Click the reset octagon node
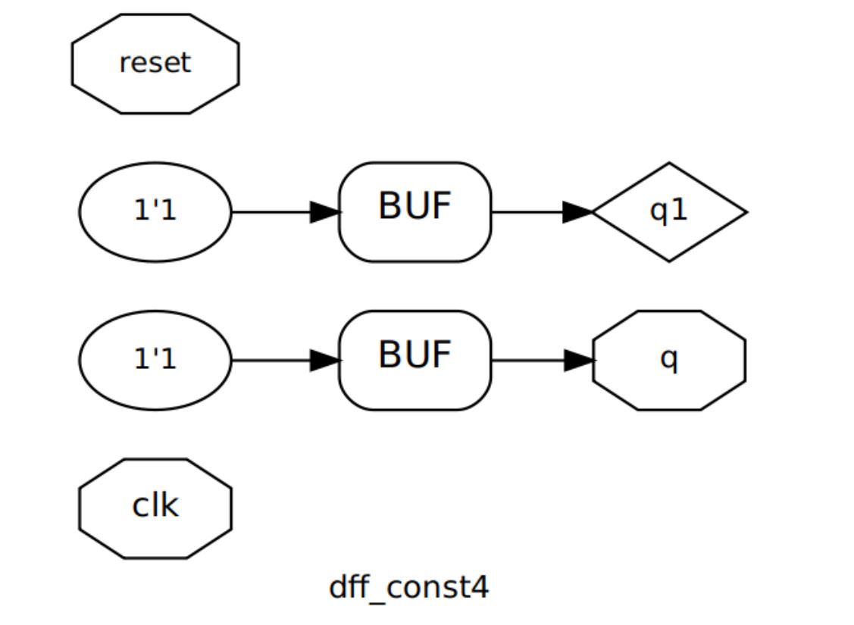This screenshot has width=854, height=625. point(155,64)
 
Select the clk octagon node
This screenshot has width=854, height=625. point(155,508)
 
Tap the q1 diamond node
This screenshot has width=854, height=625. point(669,212)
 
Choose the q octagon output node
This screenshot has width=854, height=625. point(669,361)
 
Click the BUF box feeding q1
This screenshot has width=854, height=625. point(414,212)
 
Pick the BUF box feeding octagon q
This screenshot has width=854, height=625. point(414,361)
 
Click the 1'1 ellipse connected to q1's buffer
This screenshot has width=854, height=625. point(155,212)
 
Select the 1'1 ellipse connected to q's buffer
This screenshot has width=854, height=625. point(155,361)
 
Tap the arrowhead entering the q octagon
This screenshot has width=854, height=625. point(580,361)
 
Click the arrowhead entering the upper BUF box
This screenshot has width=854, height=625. point(325,212)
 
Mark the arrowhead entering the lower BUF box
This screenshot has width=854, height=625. point(325,361)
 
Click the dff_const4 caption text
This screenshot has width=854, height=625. point(409,588)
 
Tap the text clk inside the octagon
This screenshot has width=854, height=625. point(155,505)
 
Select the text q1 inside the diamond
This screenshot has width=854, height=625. point(669,211)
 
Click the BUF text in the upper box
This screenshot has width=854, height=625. point(414,206)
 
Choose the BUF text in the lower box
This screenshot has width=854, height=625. point(414,355)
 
